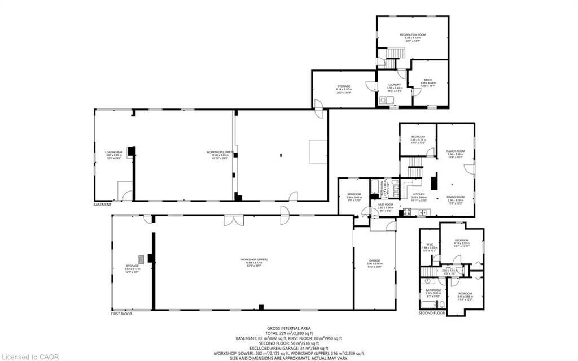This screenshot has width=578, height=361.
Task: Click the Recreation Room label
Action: point(413,35)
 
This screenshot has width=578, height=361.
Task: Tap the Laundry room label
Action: point(395,85)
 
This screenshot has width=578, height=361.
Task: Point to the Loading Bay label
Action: point(113,153)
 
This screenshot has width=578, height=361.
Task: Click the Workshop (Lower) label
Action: point(220,153)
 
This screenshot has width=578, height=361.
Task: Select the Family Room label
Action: point(455,151)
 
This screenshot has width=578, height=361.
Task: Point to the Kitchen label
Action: point(418,194)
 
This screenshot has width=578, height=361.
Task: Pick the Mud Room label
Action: point(385,205)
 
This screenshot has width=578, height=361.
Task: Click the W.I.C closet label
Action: point(430,245)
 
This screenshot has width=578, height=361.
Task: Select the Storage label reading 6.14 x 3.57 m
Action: point(344,86)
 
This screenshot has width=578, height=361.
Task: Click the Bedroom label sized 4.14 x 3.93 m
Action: point(462,241)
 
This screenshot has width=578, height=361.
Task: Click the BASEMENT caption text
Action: point(102,205)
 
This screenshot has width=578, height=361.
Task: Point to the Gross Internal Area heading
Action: point(288,328)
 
